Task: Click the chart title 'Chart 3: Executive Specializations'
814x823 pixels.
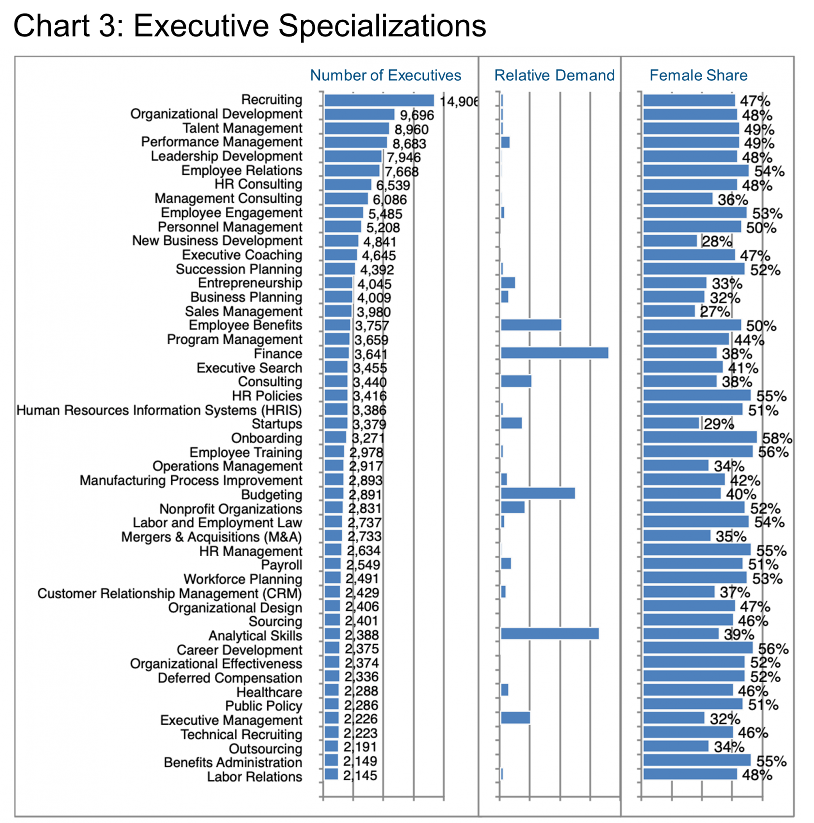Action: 250,26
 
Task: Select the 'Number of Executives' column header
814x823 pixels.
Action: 385,76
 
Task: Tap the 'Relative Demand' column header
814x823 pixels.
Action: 554,76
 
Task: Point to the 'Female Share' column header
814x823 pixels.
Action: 698,76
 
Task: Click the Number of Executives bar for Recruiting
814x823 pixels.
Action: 379,100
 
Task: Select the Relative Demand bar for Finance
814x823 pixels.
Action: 555,353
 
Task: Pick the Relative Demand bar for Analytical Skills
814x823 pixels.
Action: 550,634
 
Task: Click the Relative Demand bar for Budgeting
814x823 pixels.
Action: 538,493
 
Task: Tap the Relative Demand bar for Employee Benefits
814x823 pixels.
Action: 531,325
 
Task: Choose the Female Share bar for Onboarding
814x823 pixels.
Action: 700,437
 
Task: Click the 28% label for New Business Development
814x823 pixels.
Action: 717,241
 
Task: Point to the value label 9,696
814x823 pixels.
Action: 417,115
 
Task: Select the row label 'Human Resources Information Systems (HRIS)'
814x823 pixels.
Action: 159,411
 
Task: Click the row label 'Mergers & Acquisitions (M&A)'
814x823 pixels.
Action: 211,537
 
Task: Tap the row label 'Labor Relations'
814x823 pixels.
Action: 255,777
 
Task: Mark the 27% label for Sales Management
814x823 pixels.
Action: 715,311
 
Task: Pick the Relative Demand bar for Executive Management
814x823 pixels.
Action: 515,718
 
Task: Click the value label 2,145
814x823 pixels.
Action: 360,776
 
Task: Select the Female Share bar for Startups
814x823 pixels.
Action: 672,423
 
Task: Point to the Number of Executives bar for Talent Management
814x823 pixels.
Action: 357,128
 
